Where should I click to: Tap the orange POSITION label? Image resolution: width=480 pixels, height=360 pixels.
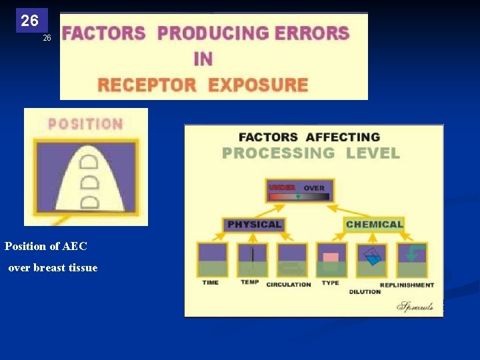click(x=85, y=124)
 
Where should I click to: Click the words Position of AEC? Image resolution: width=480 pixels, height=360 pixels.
click(x=46, y=246)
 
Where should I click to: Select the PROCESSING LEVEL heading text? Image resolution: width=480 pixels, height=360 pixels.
click(x=311, y=153)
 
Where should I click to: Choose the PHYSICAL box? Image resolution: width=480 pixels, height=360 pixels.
click(x=254, y=225)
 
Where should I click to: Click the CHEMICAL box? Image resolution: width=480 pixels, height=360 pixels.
click(x=374, y=225)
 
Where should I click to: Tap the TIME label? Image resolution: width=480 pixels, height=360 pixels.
click(x=211, y=283)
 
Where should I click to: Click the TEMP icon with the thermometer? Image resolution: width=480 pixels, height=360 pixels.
click(x=252, y=260)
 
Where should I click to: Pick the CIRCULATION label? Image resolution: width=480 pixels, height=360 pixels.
click(x=289, y=285)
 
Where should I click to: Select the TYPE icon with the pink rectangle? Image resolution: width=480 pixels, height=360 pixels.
click(x=331, y=260)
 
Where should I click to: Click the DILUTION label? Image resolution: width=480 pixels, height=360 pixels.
click(x=365, y=291)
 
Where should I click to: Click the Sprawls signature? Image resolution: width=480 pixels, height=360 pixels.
click(x=415, y=306)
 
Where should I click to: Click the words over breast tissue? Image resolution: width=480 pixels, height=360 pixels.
click(x=53, y=268)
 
